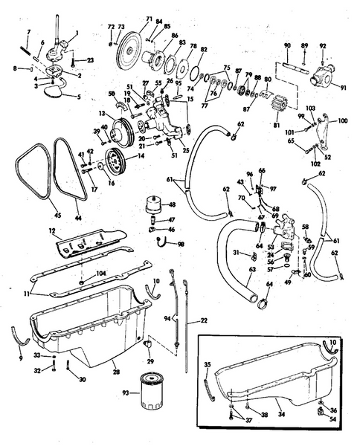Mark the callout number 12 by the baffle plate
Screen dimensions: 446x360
52,233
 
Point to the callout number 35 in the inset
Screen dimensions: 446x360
208,366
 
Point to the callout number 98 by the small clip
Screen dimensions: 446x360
181,245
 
